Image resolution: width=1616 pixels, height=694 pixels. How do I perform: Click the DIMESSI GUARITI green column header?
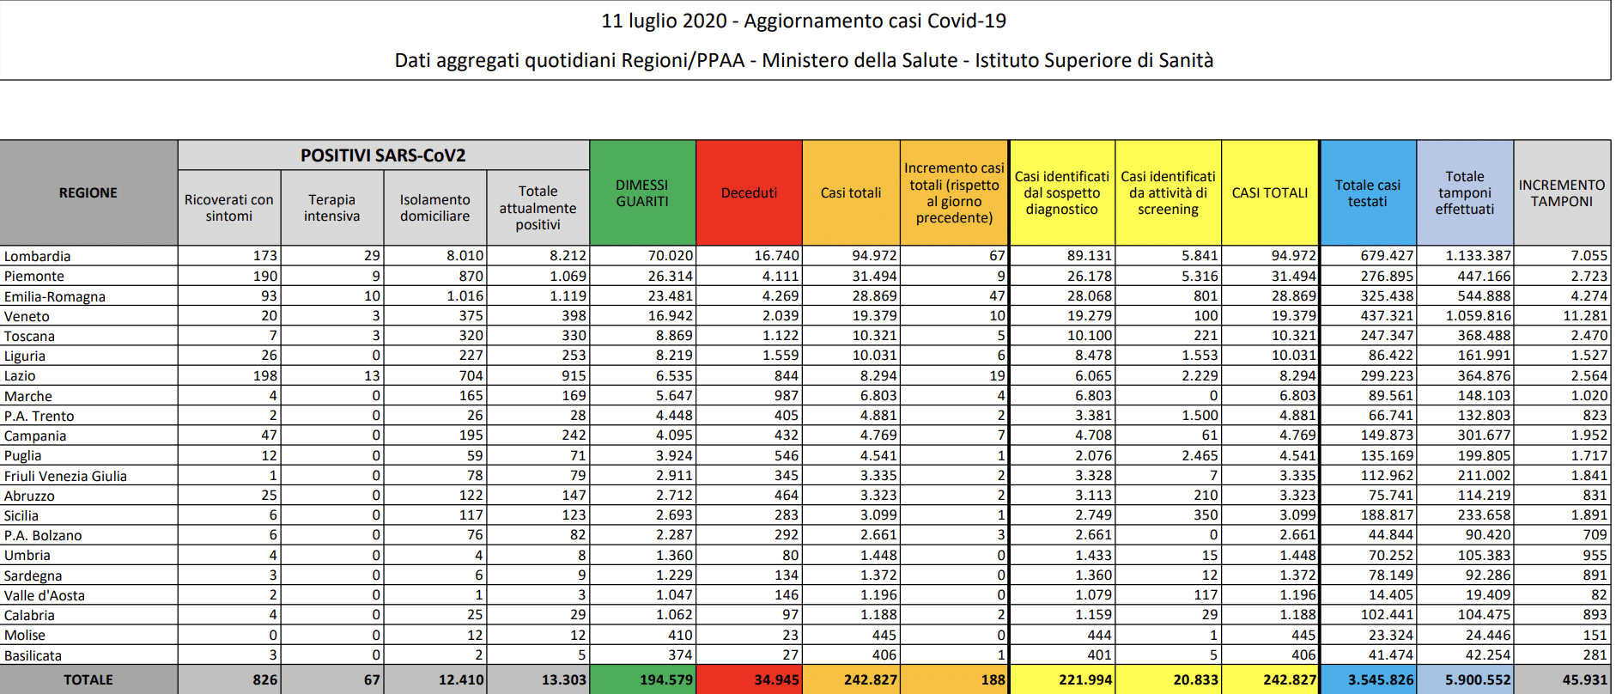641,193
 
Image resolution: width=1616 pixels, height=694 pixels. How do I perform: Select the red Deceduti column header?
749,193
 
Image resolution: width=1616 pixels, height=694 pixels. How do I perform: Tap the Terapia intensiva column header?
331,208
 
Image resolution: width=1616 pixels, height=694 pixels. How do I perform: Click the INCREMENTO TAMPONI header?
1561,193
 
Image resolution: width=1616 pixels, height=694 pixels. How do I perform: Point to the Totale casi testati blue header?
1367,193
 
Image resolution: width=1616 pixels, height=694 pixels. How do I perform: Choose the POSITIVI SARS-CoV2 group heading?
383,155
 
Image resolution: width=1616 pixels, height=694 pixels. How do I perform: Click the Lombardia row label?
38,256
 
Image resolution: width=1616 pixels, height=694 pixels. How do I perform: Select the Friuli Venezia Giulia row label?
65,476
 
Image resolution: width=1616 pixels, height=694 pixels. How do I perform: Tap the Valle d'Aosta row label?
45,595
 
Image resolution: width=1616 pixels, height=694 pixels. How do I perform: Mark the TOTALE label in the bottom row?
88,679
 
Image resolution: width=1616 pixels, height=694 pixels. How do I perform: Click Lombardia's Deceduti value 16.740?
776,256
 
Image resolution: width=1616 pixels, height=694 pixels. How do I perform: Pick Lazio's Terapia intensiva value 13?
372,375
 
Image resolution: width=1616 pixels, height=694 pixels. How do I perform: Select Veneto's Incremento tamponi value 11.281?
1584,316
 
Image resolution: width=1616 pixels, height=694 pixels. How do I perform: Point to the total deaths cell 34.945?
776,679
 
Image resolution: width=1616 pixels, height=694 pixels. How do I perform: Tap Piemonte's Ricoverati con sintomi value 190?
264,276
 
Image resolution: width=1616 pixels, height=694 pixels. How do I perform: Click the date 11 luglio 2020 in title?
664,21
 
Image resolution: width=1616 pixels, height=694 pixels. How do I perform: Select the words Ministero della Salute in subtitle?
859,60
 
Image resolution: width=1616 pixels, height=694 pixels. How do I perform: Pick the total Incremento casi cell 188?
993,679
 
